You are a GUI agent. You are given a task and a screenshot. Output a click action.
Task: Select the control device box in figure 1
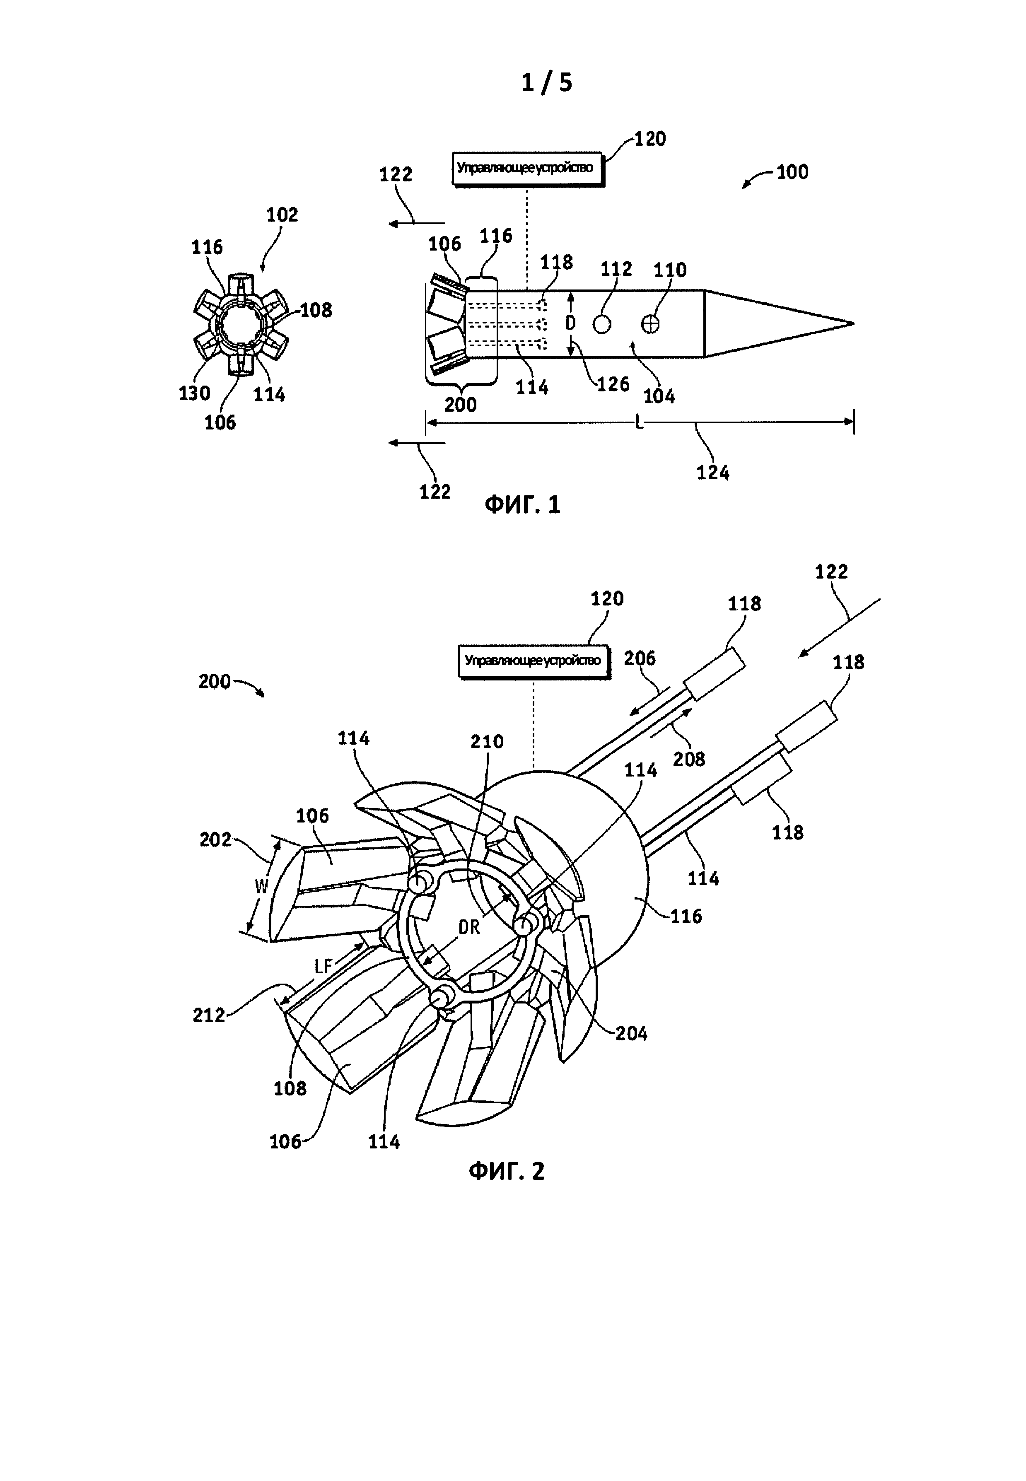(528, 169)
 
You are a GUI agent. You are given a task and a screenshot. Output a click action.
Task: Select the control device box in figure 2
(534, 661)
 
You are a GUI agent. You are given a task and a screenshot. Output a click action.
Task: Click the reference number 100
(792, 172)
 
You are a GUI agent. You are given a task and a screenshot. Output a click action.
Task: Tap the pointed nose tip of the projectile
(853, 323)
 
